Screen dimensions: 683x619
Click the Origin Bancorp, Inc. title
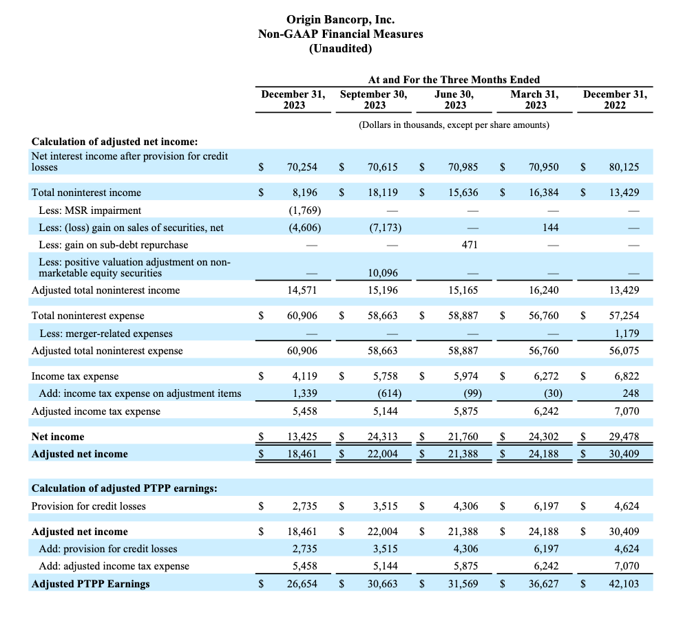point(341,19)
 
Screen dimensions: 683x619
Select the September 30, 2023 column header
point(374,100)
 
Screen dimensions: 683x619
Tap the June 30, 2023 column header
point(454,100)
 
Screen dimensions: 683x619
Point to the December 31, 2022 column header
point(615,100)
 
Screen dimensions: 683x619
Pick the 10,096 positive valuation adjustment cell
point(382,273)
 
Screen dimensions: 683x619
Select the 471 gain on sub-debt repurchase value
point(470,245)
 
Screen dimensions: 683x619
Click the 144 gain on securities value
point(551,228)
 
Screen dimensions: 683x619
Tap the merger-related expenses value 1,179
point(627,333)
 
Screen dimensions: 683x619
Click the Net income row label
point(58,437)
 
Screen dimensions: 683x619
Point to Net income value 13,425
point(302,436)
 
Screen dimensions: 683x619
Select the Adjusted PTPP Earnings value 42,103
point(624,584)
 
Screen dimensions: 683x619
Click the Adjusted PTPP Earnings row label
point(91,584)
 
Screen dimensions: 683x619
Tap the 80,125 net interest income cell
point(624,167)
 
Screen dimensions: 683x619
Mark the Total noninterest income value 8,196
point(305,193)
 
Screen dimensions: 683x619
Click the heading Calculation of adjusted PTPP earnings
point(124,488)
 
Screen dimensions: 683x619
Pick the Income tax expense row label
point(75,376)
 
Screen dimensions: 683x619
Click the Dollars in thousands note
point(454,125)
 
